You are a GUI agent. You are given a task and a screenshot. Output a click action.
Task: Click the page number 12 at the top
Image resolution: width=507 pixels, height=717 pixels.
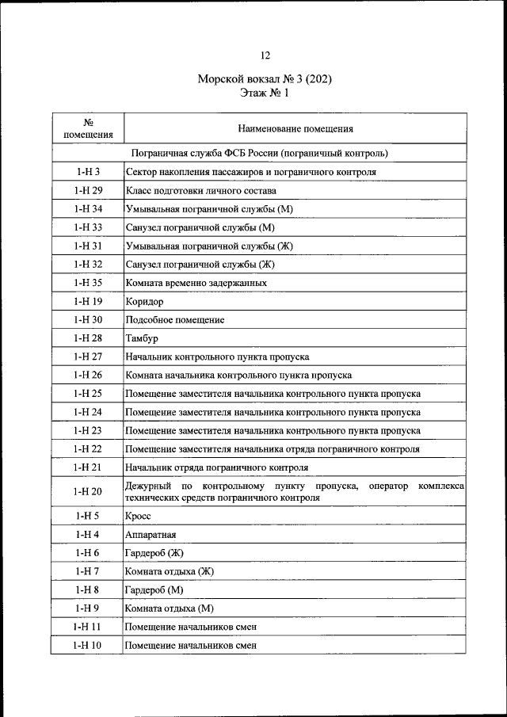click(265, 55)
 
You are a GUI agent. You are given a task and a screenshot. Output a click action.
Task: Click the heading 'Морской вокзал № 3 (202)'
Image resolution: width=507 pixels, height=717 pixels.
click(265, 80)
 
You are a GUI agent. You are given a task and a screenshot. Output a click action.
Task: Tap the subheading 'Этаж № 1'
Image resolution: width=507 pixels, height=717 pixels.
click(265, 93)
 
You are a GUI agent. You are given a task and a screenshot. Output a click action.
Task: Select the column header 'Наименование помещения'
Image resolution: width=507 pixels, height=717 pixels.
click(295, 128)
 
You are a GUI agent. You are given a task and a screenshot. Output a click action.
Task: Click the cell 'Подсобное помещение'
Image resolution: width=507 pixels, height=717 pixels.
click(174, 320)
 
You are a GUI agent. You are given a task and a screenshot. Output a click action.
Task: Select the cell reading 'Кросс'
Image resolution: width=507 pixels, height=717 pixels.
click(139, 516)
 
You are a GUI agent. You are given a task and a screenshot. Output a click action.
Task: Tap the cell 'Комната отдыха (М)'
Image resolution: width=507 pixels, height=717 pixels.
click(170, 608)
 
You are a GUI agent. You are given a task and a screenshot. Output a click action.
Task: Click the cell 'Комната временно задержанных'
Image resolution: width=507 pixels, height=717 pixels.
click(195, 283)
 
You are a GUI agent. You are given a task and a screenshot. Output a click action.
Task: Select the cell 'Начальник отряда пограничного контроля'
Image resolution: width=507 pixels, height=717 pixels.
click(216, 467)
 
